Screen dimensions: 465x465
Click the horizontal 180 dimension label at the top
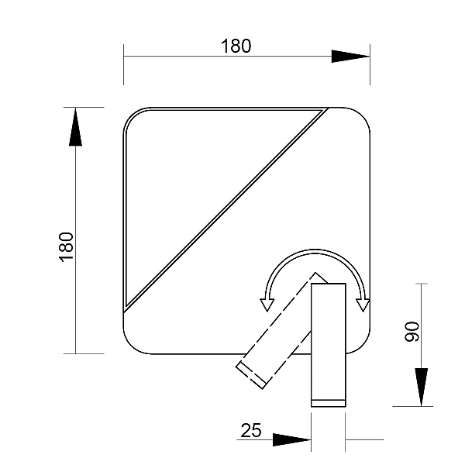tap(236, 46)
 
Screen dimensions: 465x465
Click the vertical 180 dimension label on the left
tap(66, 247)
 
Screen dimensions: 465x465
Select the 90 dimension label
tap(412, 332)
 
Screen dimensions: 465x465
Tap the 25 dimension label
tap(251, 430)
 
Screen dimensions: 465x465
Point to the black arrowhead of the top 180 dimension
tap(350, 56)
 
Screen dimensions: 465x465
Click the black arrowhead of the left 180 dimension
tap(76, 127)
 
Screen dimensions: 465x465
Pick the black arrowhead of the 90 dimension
tap(421, 387)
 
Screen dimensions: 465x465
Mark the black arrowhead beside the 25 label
tap(292, 439)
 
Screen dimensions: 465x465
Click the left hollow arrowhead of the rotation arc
tap(267, 305)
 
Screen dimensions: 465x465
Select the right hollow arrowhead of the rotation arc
tap(363, 305)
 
